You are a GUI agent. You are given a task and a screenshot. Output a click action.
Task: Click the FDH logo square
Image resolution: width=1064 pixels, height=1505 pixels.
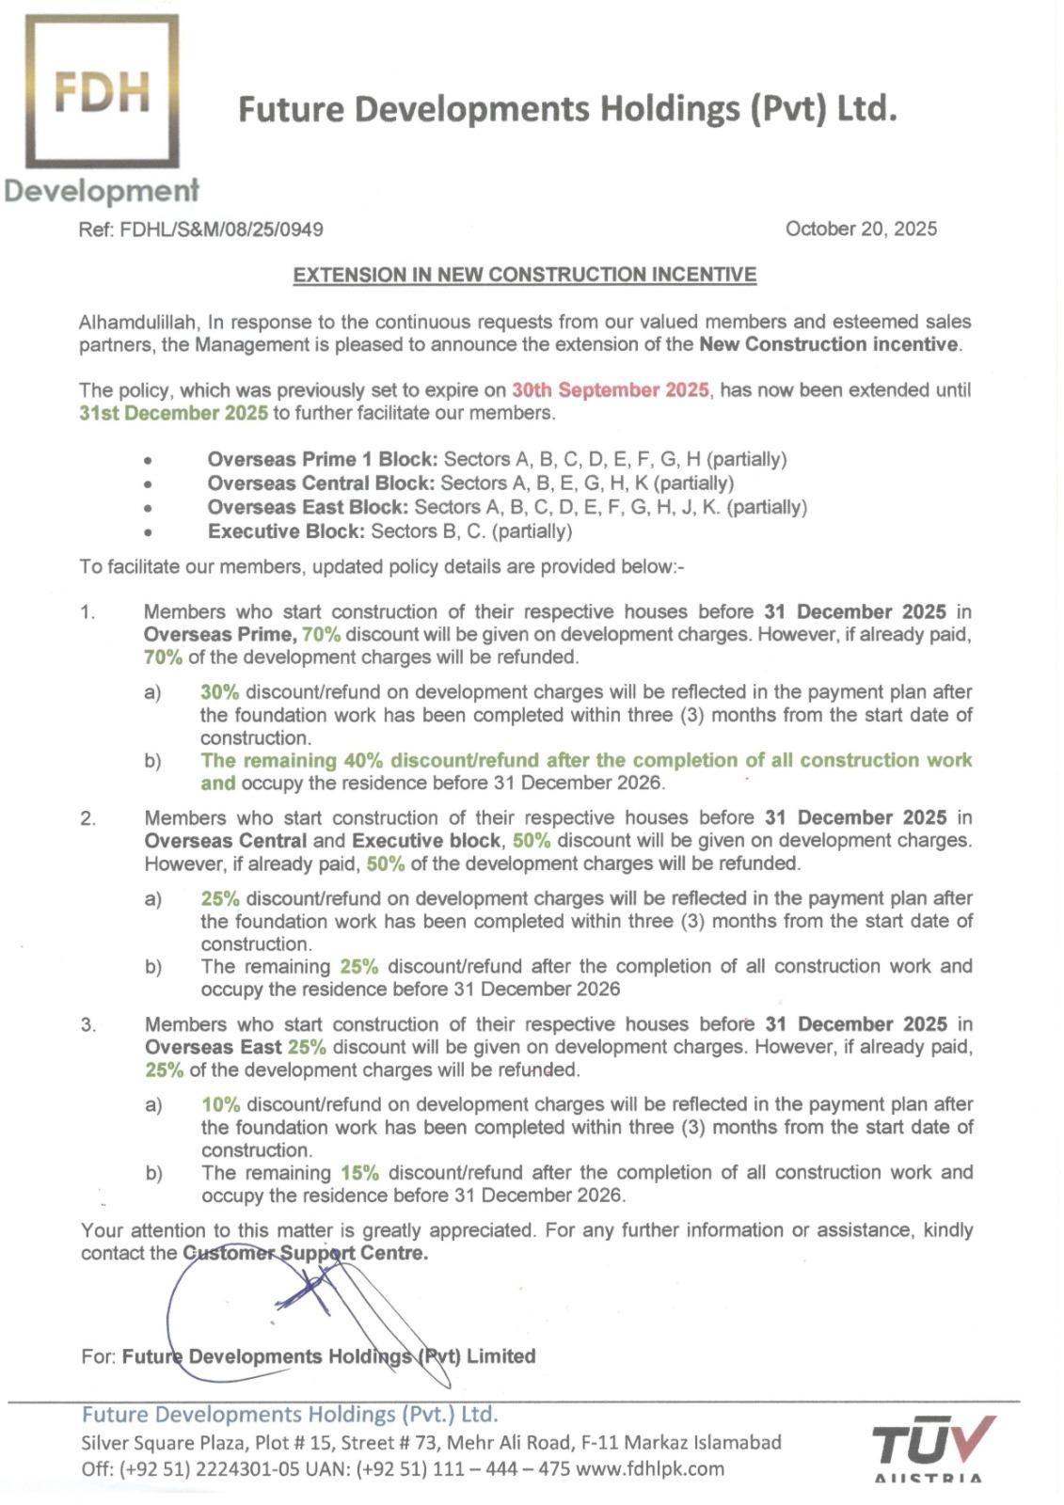[x=103, y=91]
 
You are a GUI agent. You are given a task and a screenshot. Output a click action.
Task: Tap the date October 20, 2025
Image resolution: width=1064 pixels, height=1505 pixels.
[x=861, y=229]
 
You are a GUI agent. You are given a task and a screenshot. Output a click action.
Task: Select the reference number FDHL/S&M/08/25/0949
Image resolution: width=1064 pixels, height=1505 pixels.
[x=222, y=229]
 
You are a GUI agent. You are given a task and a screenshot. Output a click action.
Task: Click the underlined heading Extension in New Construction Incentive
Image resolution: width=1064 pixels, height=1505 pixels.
[x=525, y=275]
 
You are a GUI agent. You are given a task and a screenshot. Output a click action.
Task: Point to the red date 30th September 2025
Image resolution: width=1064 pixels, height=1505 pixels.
[x=610, y=390]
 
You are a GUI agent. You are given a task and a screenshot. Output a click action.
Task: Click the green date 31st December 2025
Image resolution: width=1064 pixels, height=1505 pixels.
[x=174, y=413]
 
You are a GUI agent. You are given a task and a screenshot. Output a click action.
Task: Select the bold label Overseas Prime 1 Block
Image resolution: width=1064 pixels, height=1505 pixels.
[x=323, y=460]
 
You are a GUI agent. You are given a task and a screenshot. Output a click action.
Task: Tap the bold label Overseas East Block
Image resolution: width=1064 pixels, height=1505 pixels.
[x=308, y=507]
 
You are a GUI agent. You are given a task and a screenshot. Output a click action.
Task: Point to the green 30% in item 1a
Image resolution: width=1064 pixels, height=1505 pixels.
[x=220, y=692]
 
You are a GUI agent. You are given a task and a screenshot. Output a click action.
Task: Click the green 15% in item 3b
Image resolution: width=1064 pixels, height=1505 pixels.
[x=359, y=1173]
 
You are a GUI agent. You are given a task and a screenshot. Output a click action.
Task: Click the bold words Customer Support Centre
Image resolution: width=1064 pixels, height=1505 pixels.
[x=305, y=1253]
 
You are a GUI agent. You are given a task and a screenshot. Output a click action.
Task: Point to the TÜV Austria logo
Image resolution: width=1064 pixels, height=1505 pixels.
[x=932, y=1449]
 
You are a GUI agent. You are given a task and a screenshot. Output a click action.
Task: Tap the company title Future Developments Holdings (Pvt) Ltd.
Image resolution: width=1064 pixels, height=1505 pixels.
[x=567, y=109]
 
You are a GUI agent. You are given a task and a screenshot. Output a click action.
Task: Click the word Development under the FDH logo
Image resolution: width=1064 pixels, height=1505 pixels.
[x=102, y=191]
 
